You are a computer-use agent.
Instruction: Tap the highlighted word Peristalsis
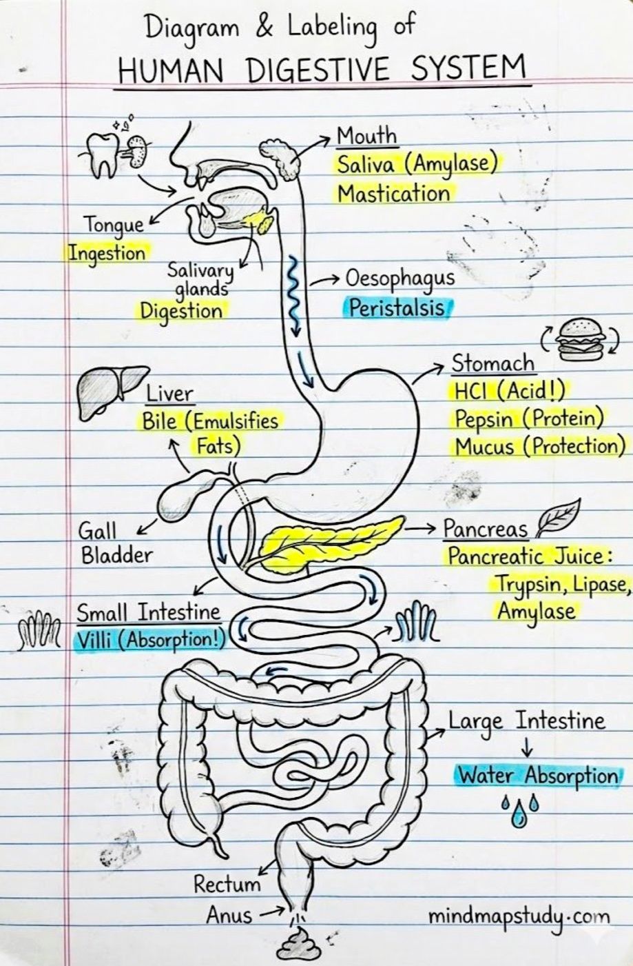pos(397,308)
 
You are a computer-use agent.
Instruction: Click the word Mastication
pos(393,193)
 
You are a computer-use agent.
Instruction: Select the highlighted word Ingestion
pos(107,253)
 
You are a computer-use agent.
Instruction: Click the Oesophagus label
pos(400,279)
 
